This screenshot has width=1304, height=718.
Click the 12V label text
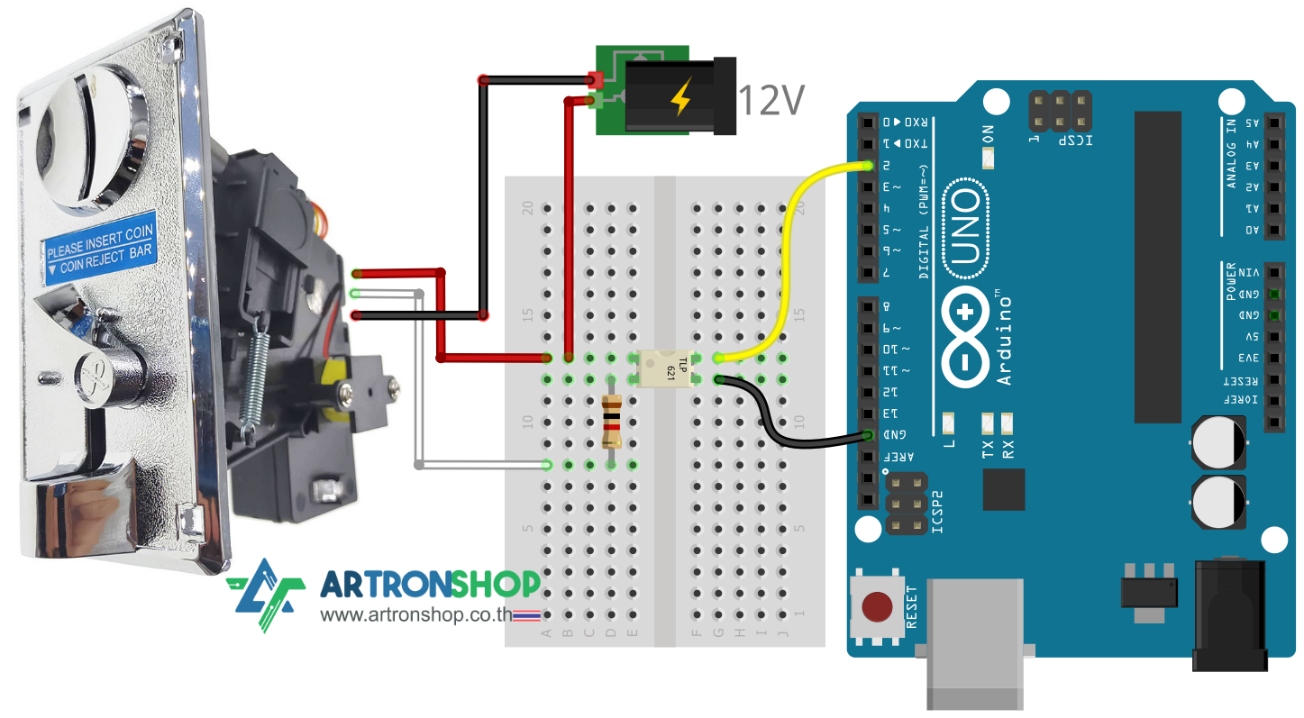point(771,101)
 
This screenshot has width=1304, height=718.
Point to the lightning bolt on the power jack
point(681,98)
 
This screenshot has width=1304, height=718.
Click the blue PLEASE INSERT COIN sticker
point(100,245)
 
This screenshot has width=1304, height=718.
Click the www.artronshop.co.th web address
point(416,616)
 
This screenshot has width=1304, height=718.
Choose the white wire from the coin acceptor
point(421,378)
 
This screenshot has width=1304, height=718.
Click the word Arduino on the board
point(1005,338)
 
